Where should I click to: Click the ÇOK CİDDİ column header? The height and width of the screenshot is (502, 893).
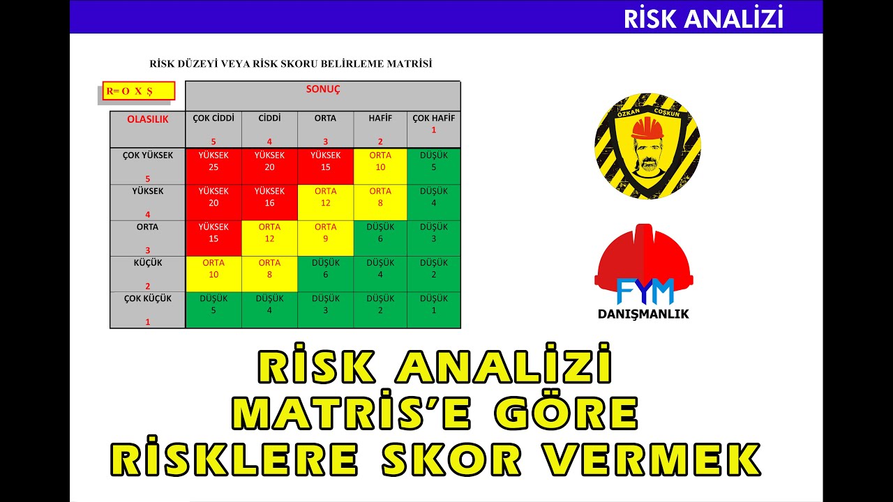(213, 119)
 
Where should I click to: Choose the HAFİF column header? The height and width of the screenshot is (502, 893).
(380, 119)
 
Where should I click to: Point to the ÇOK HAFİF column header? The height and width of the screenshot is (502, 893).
(433, 119)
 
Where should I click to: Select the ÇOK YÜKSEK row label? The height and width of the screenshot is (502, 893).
(147, 155)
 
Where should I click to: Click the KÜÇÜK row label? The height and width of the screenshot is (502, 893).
(147, 263)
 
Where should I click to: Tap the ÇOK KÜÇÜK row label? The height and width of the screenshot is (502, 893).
(147, 298)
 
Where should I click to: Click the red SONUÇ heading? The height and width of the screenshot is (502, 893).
(322, 90)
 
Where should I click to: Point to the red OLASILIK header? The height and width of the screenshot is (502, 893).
(147, 119)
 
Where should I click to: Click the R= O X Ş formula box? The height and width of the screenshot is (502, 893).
(138, 91)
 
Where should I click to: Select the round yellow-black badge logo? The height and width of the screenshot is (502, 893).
(647, 146)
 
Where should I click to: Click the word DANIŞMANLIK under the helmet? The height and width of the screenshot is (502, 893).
(643, 314)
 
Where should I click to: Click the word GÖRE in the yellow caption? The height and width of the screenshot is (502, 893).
(566, 413)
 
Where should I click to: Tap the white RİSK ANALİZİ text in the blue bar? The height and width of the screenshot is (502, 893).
(703, 19)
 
